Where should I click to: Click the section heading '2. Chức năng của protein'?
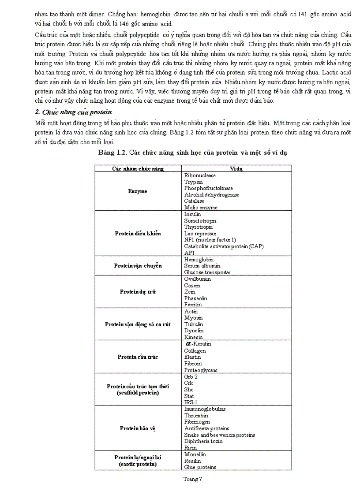point(73,112)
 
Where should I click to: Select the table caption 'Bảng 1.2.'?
point(113,153)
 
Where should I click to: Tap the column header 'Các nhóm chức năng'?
point(138,168)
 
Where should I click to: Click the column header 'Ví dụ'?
point(236,168)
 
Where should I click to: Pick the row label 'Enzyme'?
point(138,191)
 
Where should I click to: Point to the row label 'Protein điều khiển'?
point(138,234)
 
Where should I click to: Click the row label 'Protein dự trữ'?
point(138,292)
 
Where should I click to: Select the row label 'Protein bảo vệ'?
point(138,428)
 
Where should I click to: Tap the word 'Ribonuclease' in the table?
point(200,175)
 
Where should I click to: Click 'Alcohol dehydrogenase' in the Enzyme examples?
point(212,195)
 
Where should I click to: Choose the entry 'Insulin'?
point(193,214)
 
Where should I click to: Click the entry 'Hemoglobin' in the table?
point(199,260)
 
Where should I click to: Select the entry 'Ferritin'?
point(193,305)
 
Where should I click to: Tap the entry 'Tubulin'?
point(194,324)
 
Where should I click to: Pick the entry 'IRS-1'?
point(191,402)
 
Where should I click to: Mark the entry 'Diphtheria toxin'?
point(203,441)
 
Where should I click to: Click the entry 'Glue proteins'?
point(200,467)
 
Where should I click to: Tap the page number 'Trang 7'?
point(193,479)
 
